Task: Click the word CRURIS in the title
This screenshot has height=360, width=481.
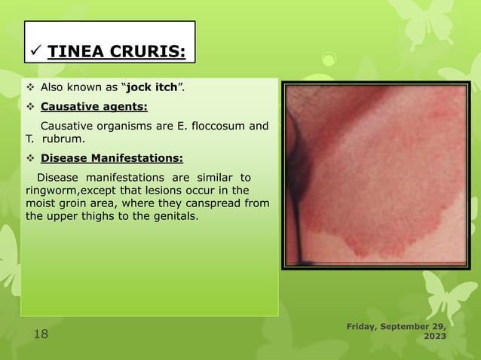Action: pyautogui.click(x=148, y=52)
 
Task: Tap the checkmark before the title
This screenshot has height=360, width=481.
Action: pyautogui.click(x=33, y=51)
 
